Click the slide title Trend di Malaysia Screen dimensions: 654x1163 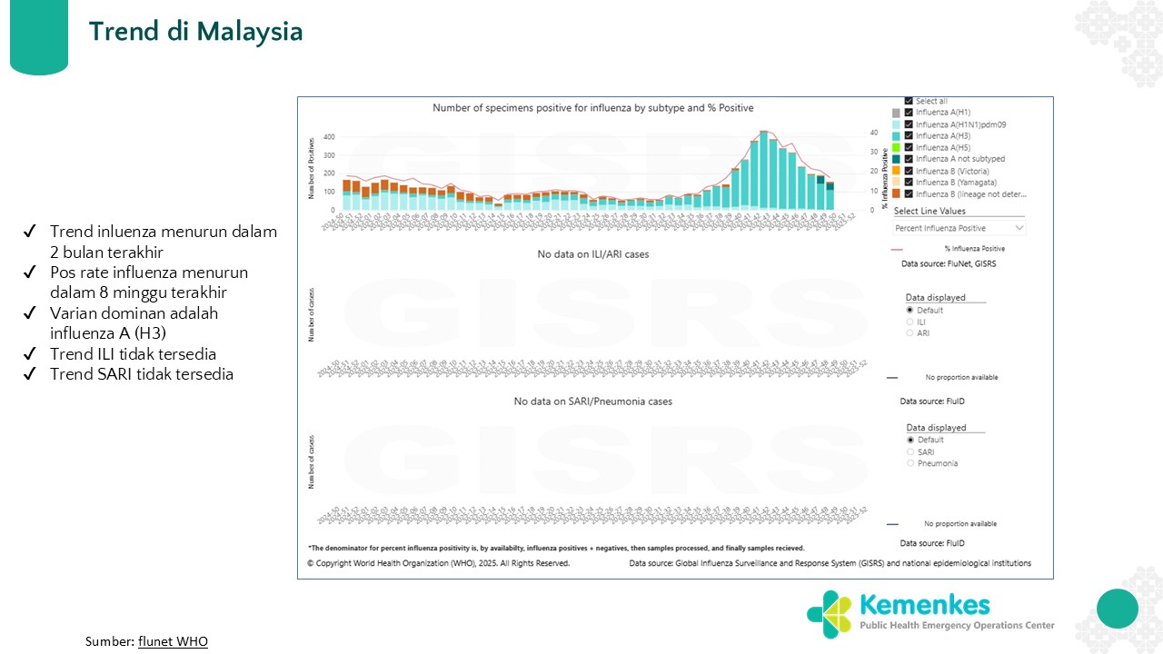pos(195,32)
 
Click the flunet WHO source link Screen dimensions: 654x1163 pos(173,641)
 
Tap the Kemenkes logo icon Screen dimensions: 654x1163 pos(829,614)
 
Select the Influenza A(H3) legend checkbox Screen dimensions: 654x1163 pos(909,135)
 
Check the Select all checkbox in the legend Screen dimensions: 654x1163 pos(909,101)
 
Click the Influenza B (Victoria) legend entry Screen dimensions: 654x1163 pos(952,171)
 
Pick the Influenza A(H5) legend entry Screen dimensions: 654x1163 pos(942,147)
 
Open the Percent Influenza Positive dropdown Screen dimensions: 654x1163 pos(959,228)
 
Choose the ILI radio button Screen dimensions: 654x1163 pos(910,322)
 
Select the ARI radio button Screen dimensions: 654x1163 pos(910,333)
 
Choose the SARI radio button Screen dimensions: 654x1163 pos(910,451)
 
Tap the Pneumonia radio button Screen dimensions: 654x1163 pos(910,463)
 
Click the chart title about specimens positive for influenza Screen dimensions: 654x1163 pos(592,108)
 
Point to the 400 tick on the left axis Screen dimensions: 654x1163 pos(329,137)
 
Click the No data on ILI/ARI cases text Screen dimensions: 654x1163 pos(592,254)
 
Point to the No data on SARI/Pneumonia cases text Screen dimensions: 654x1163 pos(592,401)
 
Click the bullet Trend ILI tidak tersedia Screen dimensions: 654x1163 pos(133,354)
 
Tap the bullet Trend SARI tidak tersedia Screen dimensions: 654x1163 pos(141,373)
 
